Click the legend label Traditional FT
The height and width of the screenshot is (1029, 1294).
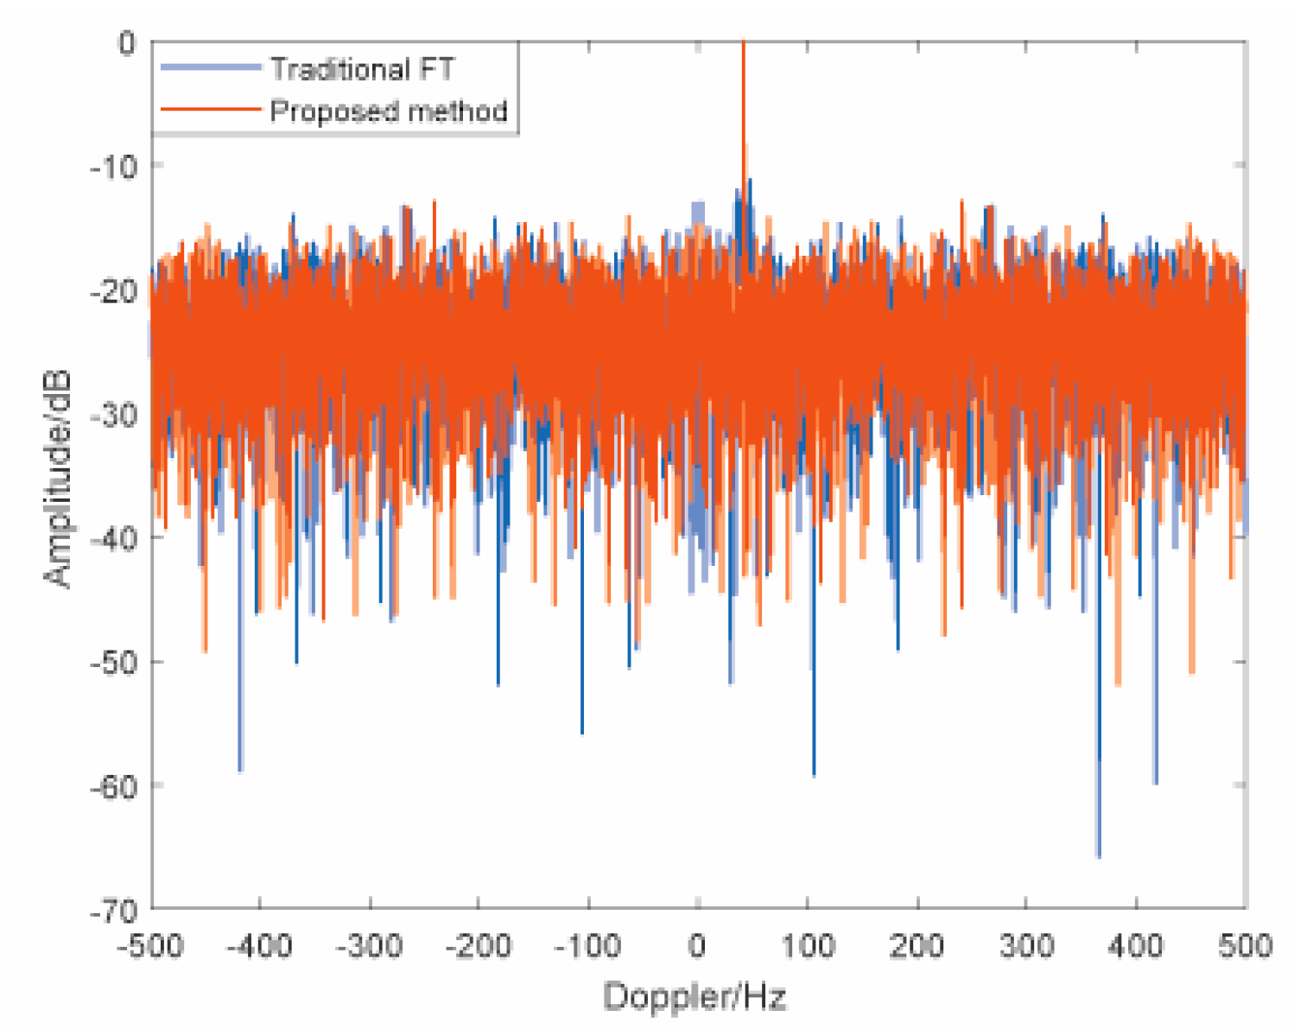[362, 69]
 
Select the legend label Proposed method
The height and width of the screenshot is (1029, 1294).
[388, 111]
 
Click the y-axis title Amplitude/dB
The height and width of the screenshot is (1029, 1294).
[58, 480]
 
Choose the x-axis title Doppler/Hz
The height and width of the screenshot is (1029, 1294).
[695, 997]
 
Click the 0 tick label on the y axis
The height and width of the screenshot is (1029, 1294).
[126, 42]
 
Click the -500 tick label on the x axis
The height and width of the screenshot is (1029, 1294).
[150, 946]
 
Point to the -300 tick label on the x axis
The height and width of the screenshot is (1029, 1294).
[369, 946]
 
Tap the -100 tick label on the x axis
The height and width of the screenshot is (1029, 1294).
[587, 946]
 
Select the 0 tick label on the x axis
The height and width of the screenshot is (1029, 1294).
[697, 946]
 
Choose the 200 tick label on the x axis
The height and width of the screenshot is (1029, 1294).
[916, 946]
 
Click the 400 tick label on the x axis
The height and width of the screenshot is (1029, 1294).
[1134, 946]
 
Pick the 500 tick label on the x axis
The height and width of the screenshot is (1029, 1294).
[1244, 946]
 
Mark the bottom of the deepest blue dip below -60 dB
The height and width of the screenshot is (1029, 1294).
[1098, 856]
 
